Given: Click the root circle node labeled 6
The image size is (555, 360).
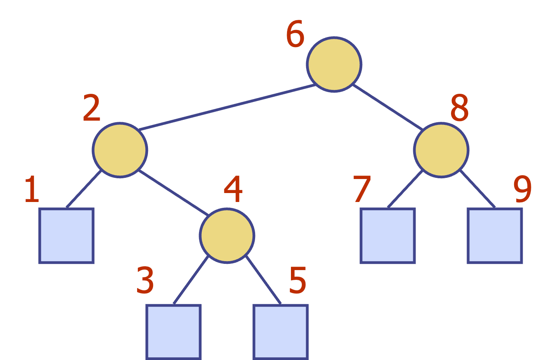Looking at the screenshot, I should [334, 65].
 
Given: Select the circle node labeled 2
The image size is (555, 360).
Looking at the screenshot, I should [120, 150].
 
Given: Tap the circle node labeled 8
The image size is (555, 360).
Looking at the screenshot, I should [441, 150].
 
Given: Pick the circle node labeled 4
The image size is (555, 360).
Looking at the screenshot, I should [227, 235].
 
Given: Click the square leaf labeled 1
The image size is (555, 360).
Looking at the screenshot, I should [67, 236].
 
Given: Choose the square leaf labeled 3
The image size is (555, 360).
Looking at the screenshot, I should [173, 332].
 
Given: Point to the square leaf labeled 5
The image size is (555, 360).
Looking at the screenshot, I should [280, 332].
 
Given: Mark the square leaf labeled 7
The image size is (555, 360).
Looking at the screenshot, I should [388, 236].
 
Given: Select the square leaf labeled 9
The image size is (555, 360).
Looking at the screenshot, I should [495, 236].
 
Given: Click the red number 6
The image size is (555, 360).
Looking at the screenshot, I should [295, 34].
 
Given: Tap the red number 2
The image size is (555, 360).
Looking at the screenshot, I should [92, 108].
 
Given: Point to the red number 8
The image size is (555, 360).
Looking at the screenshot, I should [460, 108].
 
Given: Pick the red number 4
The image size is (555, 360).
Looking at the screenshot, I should [233, 189].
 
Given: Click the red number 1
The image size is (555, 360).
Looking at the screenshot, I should [32, 189].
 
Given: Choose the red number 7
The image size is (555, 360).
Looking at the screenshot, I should [362, 189].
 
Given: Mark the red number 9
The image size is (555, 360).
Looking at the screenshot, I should [522, 189].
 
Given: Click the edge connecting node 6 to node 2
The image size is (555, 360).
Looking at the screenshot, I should [227, 107].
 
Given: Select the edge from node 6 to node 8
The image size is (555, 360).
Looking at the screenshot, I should [388, 107].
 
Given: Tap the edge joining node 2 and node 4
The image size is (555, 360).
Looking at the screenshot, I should [173, 193].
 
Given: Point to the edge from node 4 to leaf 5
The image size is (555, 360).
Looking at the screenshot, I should [263, 280].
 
